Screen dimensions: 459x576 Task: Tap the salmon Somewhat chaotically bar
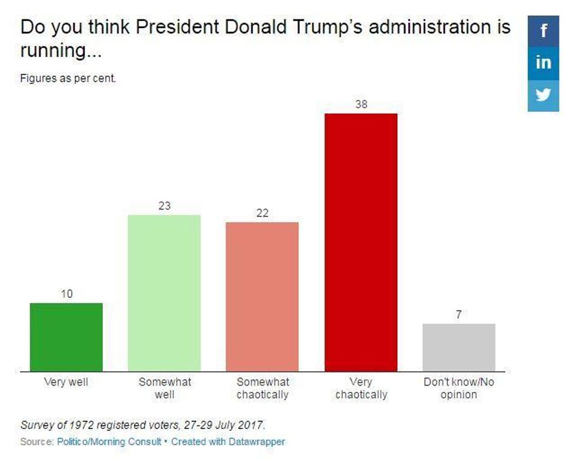click(262, 296)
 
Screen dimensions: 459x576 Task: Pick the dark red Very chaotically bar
click(361, 242)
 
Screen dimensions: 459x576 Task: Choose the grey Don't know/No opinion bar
click(458, 347)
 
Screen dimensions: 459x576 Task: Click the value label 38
click(361, 105)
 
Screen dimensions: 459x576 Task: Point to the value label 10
click(66, 294)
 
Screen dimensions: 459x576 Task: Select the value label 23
click(164, 206)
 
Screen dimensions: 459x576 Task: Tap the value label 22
click(262, 213)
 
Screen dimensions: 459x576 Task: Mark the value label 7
click(458, 315)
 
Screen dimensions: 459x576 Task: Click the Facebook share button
click(543, 31)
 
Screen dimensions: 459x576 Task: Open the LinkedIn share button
click(543, 62)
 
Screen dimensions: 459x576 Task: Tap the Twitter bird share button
click(543, 95)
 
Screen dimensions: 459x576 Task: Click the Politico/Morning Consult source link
click(108, 441)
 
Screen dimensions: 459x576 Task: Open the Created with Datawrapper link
click(228, 441)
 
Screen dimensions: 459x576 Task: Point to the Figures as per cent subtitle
click(68, 78)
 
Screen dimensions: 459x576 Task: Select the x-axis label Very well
click(66, 382)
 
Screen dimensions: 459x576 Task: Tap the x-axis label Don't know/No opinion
click(458, 388)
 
